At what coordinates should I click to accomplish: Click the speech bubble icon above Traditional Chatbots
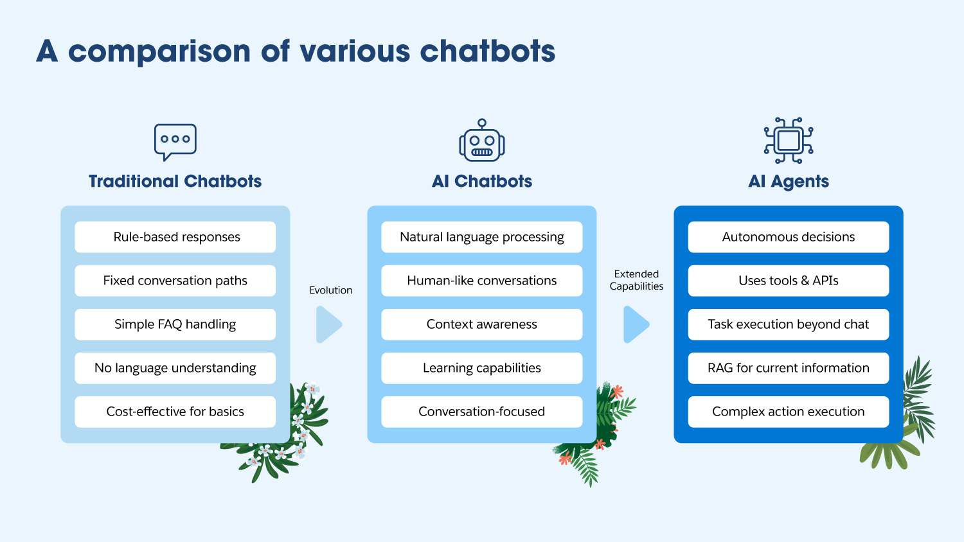(x=175, y=141)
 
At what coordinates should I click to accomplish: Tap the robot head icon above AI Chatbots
(x=482, y=141)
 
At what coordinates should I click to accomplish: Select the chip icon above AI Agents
(x=789, y=140)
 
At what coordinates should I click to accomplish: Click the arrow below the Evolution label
(x=328, y=324)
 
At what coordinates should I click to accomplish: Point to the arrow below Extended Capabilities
(x=636, y=324)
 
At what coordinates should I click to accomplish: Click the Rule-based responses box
(x=175, y=237)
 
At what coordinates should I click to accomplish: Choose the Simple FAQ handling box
(x=175, y=324)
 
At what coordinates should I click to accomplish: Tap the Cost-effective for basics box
(x=175, y=412)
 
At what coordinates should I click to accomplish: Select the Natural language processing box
(x=482, y=237)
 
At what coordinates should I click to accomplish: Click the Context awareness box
(x=482, y=324)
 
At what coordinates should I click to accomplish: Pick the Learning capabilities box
(x=482, y=368)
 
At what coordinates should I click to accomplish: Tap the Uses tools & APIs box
(x=789, y=281)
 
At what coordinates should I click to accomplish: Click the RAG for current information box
(x=789, y=368)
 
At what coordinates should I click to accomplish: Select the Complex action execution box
(x=789, y=412)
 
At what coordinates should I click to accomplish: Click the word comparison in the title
(x=159, y=51)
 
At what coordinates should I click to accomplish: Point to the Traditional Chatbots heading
(x=175, y=181)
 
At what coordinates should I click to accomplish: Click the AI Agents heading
(x=789, y=182)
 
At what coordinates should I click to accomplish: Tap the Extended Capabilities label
(x=636, y=280)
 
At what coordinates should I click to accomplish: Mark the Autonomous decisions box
(x=789, y=237)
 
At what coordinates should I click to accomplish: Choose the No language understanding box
(x=175, y=368)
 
